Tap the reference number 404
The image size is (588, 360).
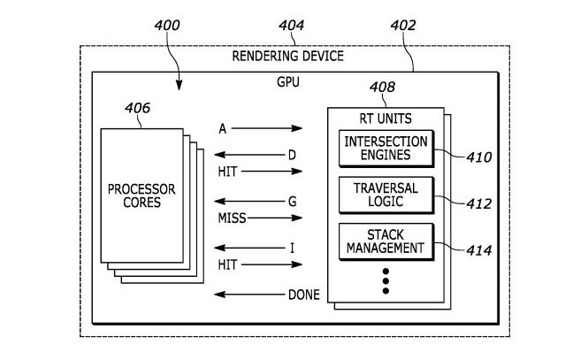[x=290, y=25]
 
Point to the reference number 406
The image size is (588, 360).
[x=137, y=110]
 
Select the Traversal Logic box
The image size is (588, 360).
[x=386, y=195]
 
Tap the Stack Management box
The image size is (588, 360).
[x=386, y=241]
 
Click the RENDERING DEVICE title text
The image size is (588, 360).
[x=287, y=57]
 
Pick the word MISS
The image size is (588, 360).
[x=233, y=217]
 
